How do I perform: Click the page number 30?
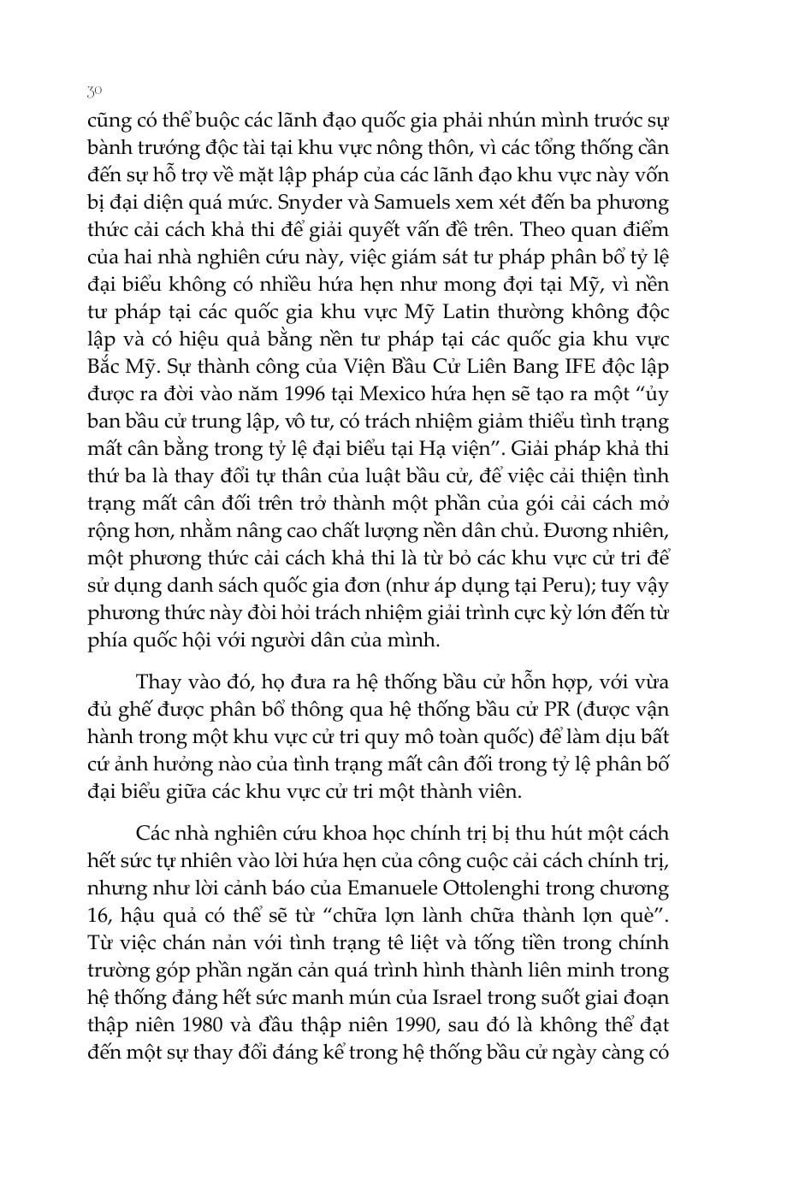pyautogui.click(x=95, y=91)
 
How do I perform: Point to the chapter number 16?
pyautogui.click(x=99, y=915)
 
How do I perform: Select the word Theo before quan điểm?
pyautogui.click(x=547, y=230)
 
